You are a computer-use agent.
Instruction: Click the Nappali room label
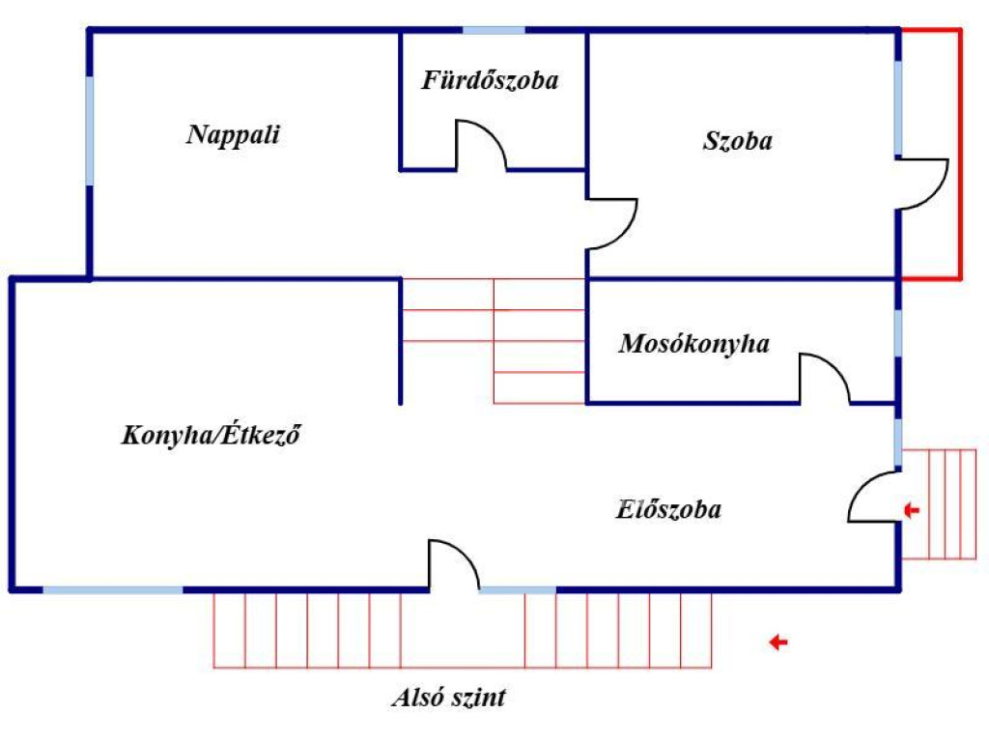point(233,134)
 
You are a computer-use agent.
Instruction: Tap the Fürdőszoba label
point(490,80)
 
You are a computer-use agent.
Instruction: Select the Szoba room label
point(738,141)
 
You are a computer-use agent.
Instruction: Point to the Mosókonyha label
point(694,343)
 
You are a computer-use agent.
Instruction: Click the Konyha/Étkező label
point(212,435)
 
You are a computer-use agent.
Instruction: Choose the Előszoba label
point(668,509)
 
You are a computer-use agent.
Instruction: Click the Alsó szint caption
point(448,698)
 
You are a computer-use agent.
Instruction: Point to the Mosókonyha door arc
point(826,377)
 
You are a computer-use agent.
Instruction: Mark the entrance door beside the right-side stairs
point(873,497)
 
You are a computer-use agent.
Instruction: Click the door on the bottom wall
point(454,564)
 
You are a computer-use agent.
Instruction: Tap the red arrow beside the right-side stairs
point(912,509)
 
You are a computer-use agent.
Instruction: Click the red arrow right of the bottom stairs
point(777,642)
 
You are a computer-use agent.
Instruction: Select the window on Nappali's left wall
point(90,130)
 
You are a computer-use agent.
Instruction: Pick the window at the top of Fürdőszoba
point(494,31)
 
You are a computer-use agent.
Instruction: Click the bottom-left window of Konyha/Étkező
point(113,588)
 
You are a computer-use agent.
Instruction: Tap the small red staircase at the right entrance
point(939,503)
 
